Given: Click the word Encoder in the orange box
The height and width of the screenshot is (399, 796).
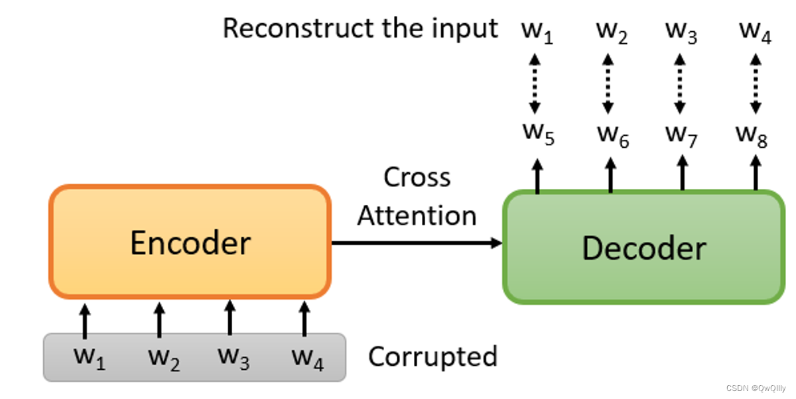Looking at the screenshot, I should coord(190,243).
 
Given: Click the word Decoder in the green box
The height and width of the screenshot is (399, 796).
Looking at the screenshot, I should coord(643,248).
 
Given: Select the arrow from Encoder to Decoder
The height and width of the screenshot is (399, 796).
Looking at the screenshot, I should coord(417,243).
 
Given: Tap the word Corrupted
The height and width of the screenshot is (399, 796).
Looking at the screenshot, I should coord(432,357).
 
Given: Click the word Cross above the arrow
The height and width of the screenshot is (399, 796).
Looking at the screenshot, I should coord(417,178).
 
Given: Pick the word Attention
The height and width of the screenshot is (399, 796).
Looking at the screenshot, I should coord(417,216).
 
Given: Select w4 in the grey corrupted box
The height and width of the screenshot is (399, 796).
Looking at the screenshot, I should coord(307,358).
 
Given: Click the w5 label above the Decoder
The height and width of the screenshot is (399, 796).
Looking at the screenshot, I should coord(538,134).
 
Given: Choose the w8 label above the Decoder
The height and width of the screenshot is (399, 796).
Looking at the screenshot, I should coord(752,135).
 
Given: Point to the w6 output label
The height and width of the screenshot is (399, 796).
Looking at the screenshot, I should coord(612,135).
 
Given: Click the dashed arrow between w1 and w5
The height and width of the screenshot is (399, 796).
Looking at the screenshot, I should coord(537,84).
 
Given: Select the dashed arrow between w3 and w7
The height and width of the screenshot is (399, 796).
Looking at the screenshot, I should coord(679,84).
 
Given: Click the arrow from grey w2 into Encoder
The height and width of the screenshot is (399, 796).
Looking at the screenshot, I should coord(159,319).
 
